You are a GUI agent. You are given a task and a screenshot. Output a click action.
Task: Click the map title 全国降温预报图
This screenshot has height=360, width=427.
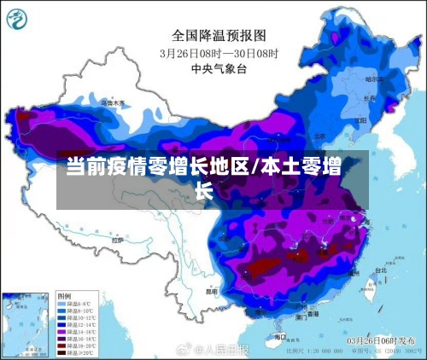[219, 35]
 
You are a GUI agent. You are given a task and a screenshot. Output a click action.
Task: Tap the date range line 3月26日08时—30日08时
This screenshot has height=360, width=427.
[219, 52]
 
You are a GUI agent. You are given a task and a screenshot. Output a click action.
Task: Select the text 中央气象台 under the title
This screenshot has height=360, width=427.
[213, 67]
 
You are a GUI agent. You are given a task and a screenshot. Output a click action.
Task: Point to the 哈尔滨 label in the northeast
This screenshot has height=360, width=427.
[372, 78]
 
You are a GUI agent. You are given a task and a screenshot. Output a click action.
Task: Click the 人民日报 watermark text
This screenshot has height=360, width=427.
[227, 350]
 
